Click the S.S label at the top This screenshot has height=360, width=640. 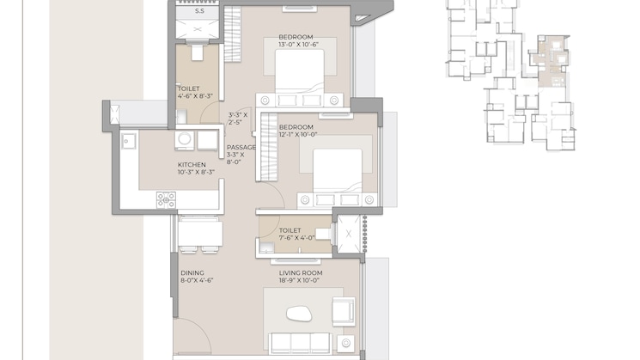[x=199, y=11]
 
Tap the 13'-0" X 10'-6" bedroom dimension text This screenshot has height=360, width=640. [x=298, y=45]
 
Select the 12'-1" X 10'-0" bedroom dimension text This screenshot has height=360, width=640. [x=298, y=134]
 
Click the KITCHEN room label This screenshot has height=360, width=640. [x=192, y=164]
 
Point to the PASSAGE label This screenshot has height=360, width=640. [x=241, y=147]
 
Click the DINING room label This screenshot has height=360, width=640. [x=192, y=272]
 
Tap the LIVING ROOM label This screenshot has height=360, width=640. [x=301, y=272]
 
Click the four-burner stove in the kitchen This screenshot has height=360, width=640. [x=166, y=200]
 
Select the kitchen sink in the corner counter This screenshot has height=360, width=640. [x=128, y=141]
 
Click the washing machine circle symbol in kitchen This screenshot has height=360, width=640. [x=185, y=139]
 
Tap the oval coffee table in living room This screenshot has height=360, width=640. [x=299, y=314]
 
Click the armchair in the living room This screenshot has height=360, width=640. [x=343, y=311]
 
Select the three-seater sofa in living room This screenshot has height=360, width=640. [x=300, y=344]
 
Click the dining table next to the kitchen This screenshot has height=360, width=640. [x=200, y=234]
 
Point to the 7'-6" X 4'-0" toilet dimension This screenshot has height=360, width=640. [x=296, y=237]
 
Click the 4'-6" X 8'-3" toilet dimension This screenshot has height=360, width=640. [x=195, y=96]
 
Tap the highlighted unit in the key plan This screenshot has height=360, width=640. [x=551, y=61]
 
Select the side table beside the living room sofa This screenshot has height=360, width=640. [x=345, y=344]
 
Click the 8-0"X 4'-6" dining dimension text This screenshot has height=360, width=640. [x=197, y=280]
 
